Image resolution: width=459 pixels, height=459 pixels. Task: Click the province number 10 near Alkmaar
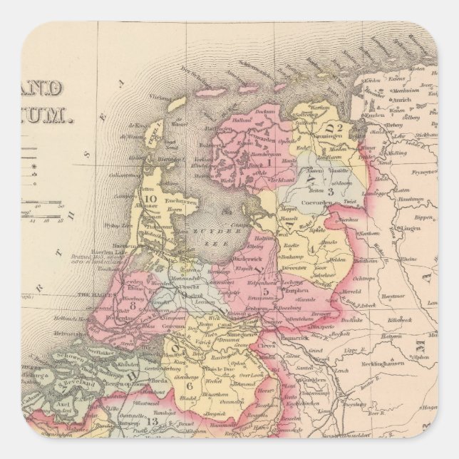tap(150, 199)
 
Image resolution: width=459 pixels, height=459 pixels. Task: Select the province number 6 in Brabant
tap(190, 386)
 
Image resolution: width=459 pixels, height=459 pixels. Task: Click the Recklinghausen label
tap(407, 371)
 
